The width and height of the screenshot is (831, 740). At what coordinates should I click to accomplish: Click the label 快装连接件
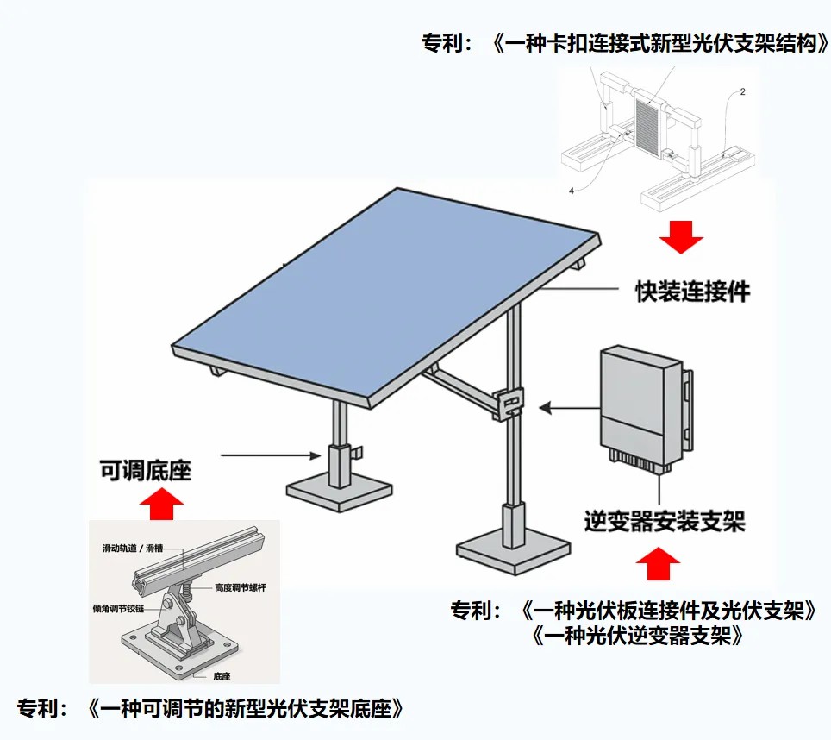[x=693, y=292]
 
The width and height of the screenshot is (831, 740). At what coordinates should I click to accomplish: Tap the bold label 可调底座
[x=146, y=470]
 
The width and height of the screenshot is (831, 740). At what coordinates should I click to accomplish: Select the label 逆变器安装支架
[x=664, y=521]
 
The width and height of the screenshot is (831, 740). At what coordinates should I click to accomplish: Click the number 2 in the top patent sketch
[x=742, y=91]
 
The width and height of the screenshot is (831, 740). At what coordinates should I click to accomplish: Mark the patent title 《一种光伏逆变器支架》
[x=638, y=637]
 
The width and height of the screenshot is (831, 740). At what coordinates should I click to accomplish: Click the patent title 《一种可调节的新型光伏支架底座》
[x=246, y=710]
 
